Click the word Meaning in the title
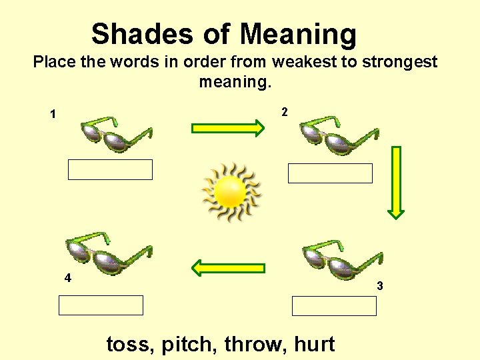(x=299, y=34)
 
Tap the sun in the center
(x=231, y=192)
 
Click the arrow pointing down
(x=397, y=182)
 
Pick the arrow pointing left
(x=228, y=268)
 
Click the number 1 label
(x=53, y=115)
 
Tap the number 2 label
(x=285, y=112)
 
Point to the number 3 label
(x=379, y=286)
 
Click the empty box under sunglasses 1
(x=110, y=169)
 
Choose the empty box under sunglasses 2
(x=330, y=173)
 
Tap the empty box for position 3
(x=334, y=306)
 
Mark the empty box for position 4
(x=101, y=305)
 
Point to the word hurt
(x=314, y=344)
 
